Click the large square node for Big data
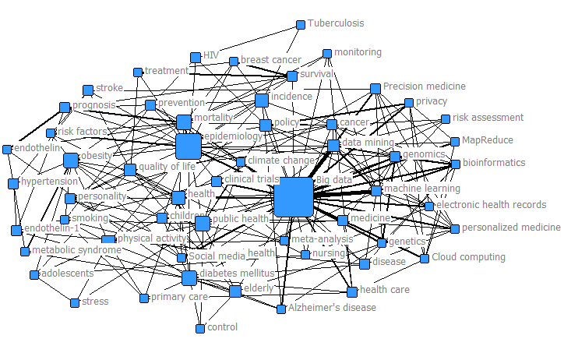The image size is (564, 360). pyautogui.click(x=294, y=196)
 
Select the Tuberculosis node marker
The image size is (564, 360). pyautogui.click(x=301, y=25)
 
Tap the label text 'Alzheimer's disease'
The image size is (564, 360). pyautogui.click(x=332, y=308)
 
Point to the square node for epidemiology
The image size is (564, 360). pyautogui.click(x=188, y=146)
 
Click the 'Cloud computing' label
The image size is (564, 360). pyautogui.click(x=468, y=257)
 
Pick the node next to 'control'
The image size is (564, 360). pyautogui.click(x=200, y=329)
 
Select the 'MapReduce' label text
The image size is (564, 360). pyautogui.click(x=488, y=140)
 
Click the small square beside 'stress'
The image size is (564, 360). pyautogui.click(x=75, y=302)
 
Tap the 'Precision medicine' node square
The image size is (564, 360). pyautogui.click(x=375, y=88)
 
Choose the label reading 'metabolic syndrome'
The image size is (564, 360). pyautogui.click(x=76, y=250)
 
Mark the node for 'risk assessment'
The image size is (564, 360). pyautogui.click(x=446, y=119)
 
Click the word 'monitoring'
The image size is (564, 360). pyautogui.click(x=358, y=52)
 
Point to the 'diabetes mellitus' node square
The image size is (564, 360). pyautogui.click(x=189, y=278)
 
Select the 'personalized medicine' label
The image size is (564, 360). pyautogui.click(x=511, y=228)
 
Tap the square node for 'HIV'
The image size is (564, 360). pyautogui.click(x=195, y=57)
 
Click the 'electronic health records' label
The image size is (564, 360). pyautogui.click(x=491, y=205)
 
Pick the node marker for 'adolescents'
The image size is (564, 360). pyautogui.click(x=34, y=275)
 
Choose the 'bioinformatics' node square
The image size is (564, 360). pyautogui.click(x=456, y=164)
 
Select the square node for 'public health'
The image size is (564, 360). pyautogui.click(x=203, y=224)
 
